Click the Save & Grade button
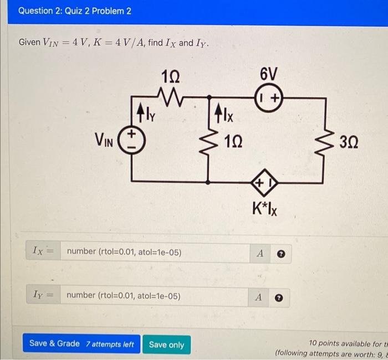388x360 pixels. tap(81, 344)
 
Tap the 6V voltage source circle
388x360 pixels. tap(270, 97)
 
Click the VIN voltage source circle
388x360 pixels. tap(132, 140)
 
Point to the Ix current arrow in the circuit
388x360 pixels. tap(218, 115)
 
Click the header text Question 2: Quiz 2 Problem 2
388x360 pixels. tap(74, 11)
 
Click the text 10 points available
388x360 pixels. tap(344, 343)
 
